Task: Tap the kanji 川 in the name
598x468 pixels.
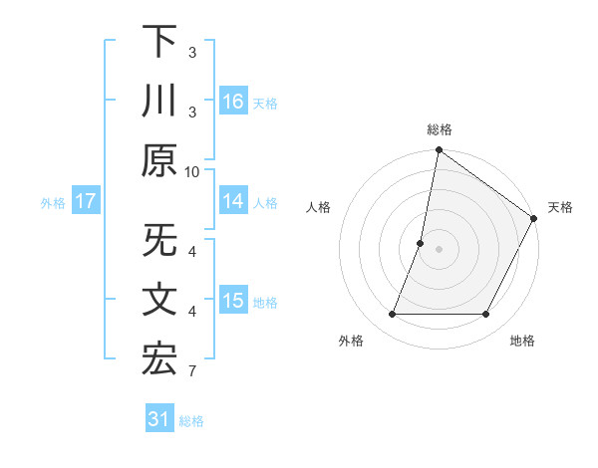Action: point(159,102)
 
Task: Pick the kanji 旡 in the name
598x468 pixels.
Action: point(159,241)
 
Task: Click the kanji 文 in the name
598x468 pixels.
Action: point(159,301)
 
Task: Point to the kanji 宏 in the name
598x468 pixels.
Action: point(159,360)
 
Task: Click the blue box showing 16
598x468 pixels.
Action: point(233,102)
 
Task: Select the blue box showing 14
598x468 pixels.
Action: point(233,201)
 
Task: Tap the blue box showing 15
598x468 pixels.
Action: point(233,301)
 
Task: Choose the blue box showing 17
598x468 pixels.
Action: point(86,201)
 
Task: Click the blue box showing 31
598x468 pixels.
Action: point(159,419)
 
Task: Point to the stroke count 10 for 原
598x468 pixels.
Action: point(192,171)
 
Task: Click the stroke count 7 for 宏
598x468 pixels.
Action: point(192,372)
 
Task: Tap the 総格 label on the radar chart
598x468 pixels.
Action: point(440,129)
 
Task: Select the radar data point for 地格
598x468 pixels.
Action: point(486,315)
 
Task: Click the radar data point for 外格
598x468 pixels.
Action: point(392,315)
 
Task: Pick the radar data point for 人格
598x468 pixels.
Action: point(421,243)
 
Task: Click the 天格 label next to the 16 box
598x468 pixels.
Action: point(265,104)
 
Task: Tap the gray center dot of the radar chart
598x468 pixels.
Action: point(439,249)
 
